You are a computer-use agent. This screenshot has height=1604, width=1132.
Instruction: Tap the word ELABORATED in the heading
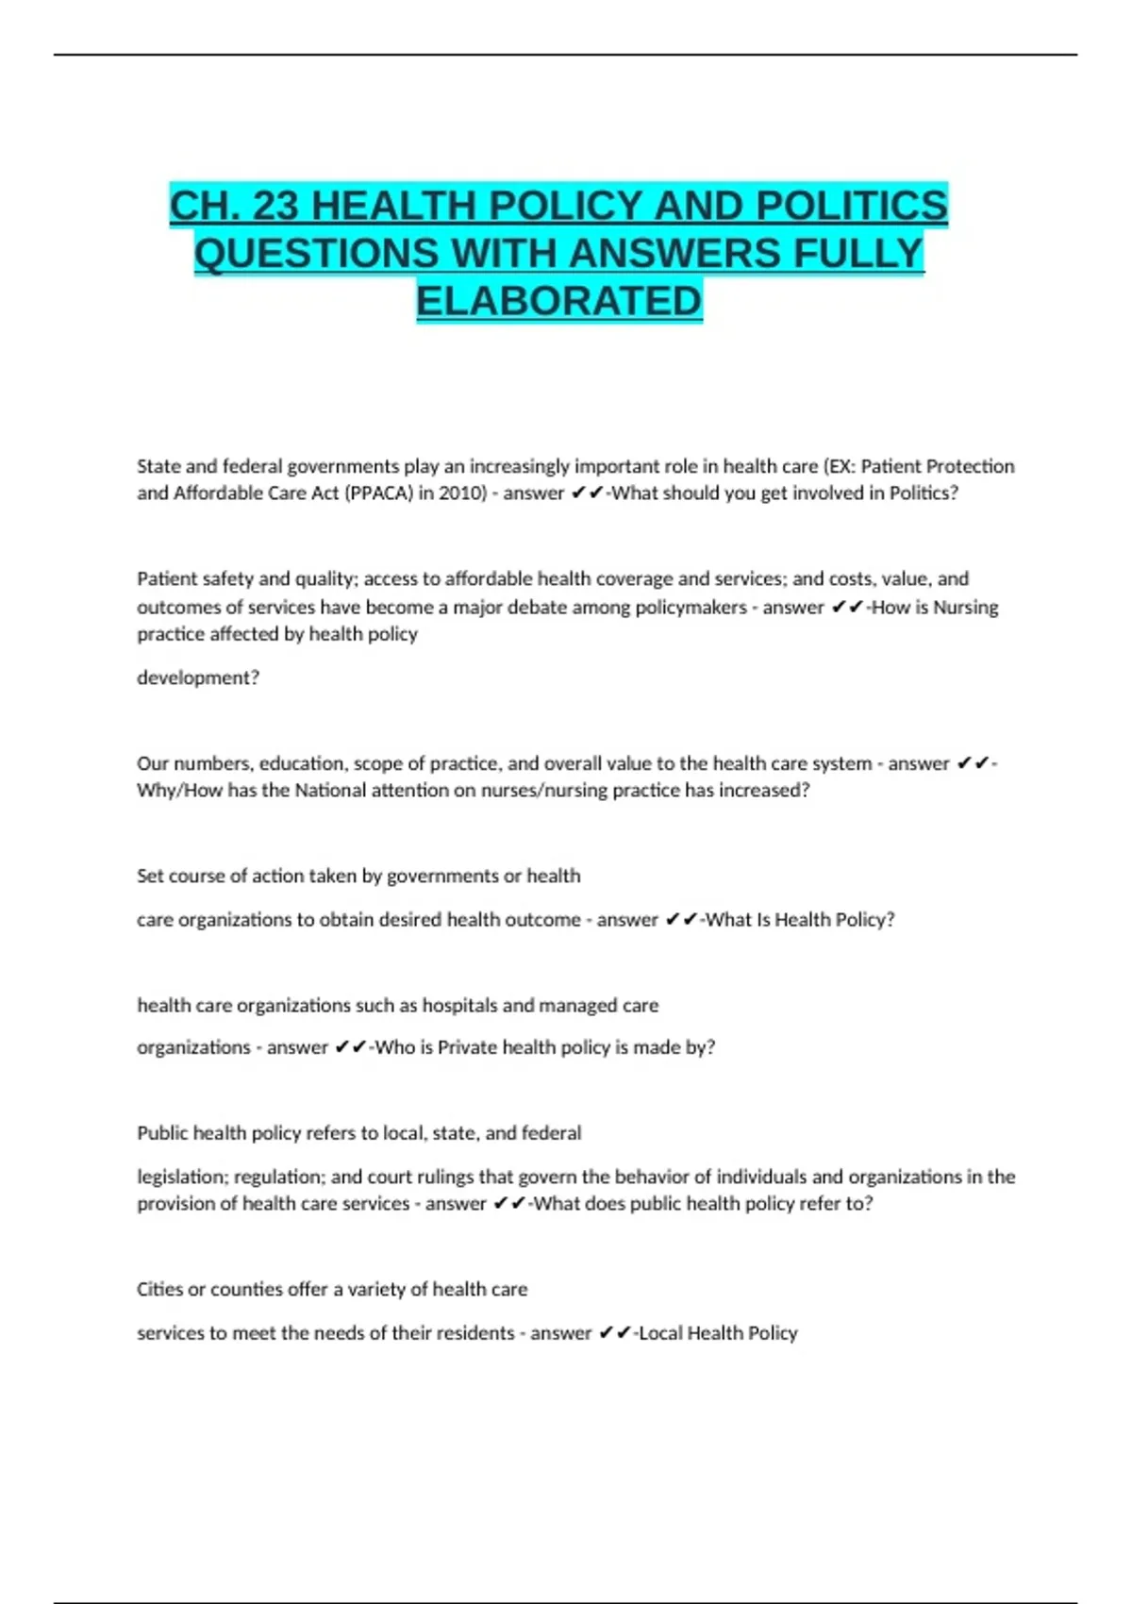pyautogui.click(x=559, y=301)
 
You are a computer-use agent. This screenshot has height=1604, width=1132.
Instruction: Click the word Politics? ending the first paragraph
pyautogui.click(x=924, y=493)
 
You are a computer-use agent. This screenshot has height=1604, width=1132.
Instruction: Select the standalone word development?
pyautogui.click(x=198, y=677)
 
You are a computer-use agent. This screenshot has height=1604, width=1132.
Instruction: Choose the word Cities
pyautogui.click(x=159, y=1289)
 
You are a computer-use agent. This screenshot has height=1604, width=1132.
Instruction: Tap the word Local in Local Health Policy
pyautogui.click(x=660, y=1332)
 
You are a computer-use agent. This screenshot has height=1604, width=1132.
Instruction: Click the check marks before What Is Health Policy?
pyautogui.click(x=681, y=919)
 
